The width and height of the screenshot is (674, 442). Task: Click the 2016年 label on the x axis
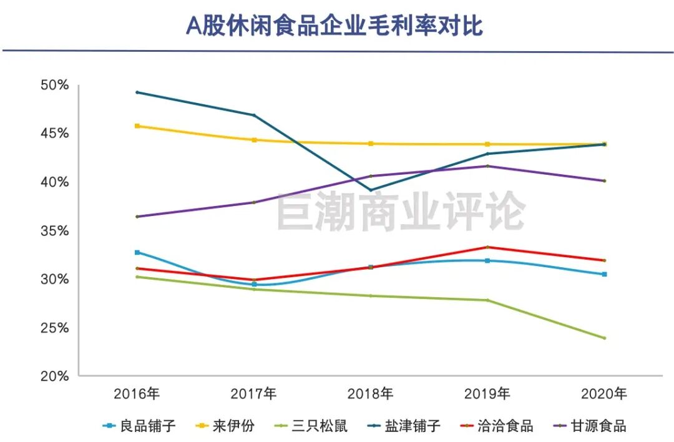tap(137, 394)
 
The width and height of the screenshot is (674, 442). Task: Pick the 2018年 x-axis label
tap(371, 394)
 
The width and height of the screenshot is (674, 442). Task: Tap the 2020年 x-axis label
tap(603, 394)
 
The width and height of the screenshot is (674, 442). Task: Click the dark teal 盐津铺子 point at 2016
tap(137, 92)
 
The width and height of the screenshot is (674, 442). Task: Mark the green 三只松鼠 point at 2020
tap(604, 338)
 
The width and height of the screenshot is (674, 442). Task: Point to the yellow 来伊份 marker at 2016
tap(137, 126)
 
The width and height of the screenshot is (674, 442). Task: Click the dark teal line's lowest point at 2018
tap(371, 190)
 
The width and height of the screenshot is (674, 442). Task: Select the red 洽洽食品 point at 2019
tap(487, 247)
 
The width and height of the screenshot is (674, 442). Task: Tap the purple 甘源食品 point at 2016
tap(137, 217)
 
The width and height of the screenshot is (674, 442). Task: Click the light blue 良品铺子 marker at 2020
tap(604, 274)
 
